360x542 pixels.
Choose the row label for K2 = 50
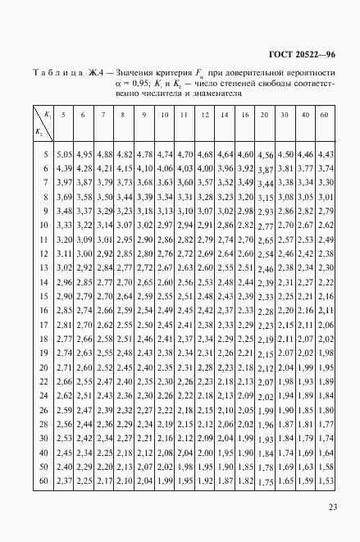click(44, 467)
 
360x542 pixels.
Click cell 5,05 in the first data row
click(65, 154)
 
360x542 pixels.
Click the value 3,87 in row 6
click(265, 169)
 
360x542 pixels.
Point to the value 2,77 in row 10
click(265, 225)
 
